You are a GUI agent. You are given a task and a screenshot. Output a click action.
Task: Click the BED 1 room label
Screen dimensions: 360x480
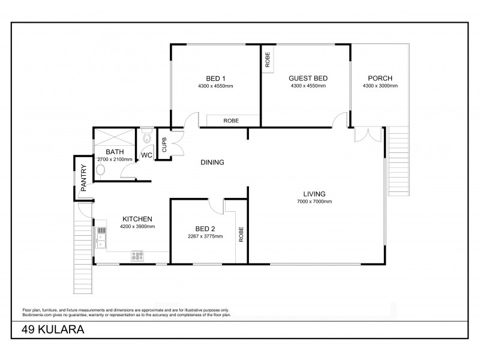215,78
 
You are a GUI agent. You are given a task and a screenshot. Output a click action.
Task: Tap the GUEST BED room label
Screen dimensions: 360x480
308,78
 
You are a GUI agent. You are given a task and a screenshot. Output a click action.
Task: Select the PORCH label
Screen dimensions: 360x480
380,78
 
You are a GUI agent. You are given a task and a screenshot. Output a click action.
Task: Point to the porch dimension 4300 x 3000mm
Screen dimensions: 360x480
380,86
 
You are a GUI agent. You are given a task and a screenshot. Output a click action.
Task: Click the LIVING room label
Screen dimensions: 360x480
314,194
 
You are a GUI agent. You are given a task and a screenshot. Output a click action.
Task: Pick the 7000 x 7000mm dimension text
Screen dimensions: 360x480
314,202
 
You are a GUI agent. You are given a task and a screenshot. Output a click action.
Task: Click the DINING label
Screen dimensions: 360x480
212,162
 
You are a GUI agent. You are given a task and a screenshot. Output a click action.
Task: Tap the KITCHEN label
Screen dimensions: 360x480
137,219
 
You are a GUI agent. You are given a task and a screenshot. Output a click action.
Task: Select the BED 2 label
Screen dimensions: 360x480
205,229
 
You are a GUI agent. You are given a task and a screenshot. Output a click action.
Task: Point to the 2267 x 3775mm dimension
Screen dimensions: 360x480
205,236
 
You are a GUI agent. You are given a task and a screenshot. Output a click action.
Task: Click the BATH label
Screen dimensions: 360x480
114,152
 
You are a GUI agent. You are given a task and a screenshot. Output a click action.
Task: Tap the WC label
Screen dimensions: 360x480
146,155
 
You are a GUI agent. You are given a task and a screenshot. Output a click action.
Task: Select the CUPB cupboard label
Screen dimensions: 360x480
163,145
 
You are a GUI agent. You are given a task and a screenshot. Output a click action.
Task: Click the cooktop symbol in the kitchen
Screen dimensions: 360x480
137,256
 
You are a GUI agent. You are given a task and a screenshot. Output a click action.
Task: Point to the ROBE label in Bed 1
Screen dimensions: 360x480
231,121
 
